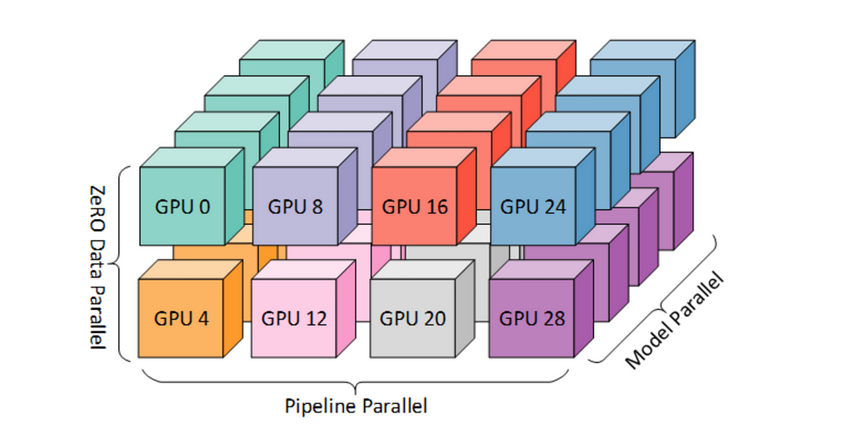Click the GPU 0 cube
pos(182,206)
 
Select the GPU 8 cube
pos(295,206)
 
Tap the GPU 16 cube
pos(415,206)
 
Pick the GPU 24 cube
pos(533,206)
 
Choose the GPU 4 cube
pos(182,317)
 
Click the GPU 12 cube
pos(294,317)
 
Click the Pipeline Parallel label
pos(356,407)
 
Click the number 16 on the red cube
pos(436,206)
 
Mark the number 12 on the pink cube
pos(317,317)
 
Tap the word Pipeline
pos(322,407)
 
